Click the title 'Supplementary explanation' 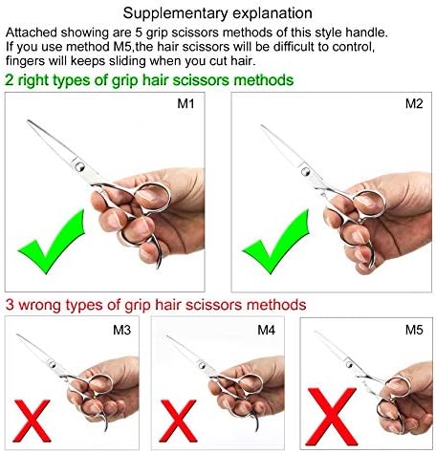pyautogui.click(x=218, y=14)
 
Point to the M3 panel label pyautogui.click(x=123, y=331)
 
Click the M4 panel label pyautogui.click(x=267, y=331)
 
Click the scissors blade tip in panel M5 pyautogui.click(x=316, y=335)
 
